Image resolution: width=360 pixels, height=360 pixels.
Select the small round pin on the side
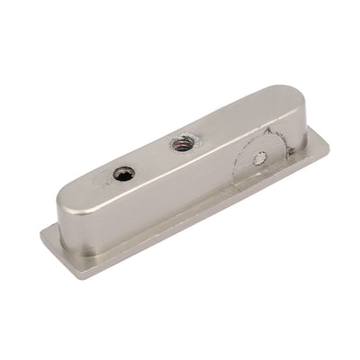pyautogui.click(x=260, y=159)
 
